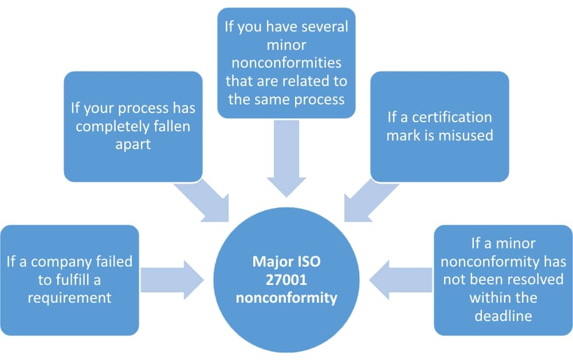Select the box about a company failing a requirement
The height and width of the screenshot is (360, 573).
click(69, 280)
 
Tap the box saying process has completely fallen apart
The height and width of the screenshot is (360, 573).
click(133, 126)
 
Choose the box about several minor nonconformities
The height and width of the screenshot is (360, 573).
click(286, 63)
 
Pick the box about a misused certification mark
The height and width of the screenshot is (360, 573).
click(439, 126)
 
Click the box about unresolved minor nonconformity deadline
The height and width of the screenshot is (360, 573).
click(503, 280)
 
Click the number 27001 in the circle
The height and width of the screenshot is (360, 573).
click(286, 280)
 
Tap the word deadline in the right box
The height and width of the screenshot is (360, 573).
click(503, 316)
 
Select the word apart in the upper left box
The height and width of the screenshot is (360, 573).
click(133, 144)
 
